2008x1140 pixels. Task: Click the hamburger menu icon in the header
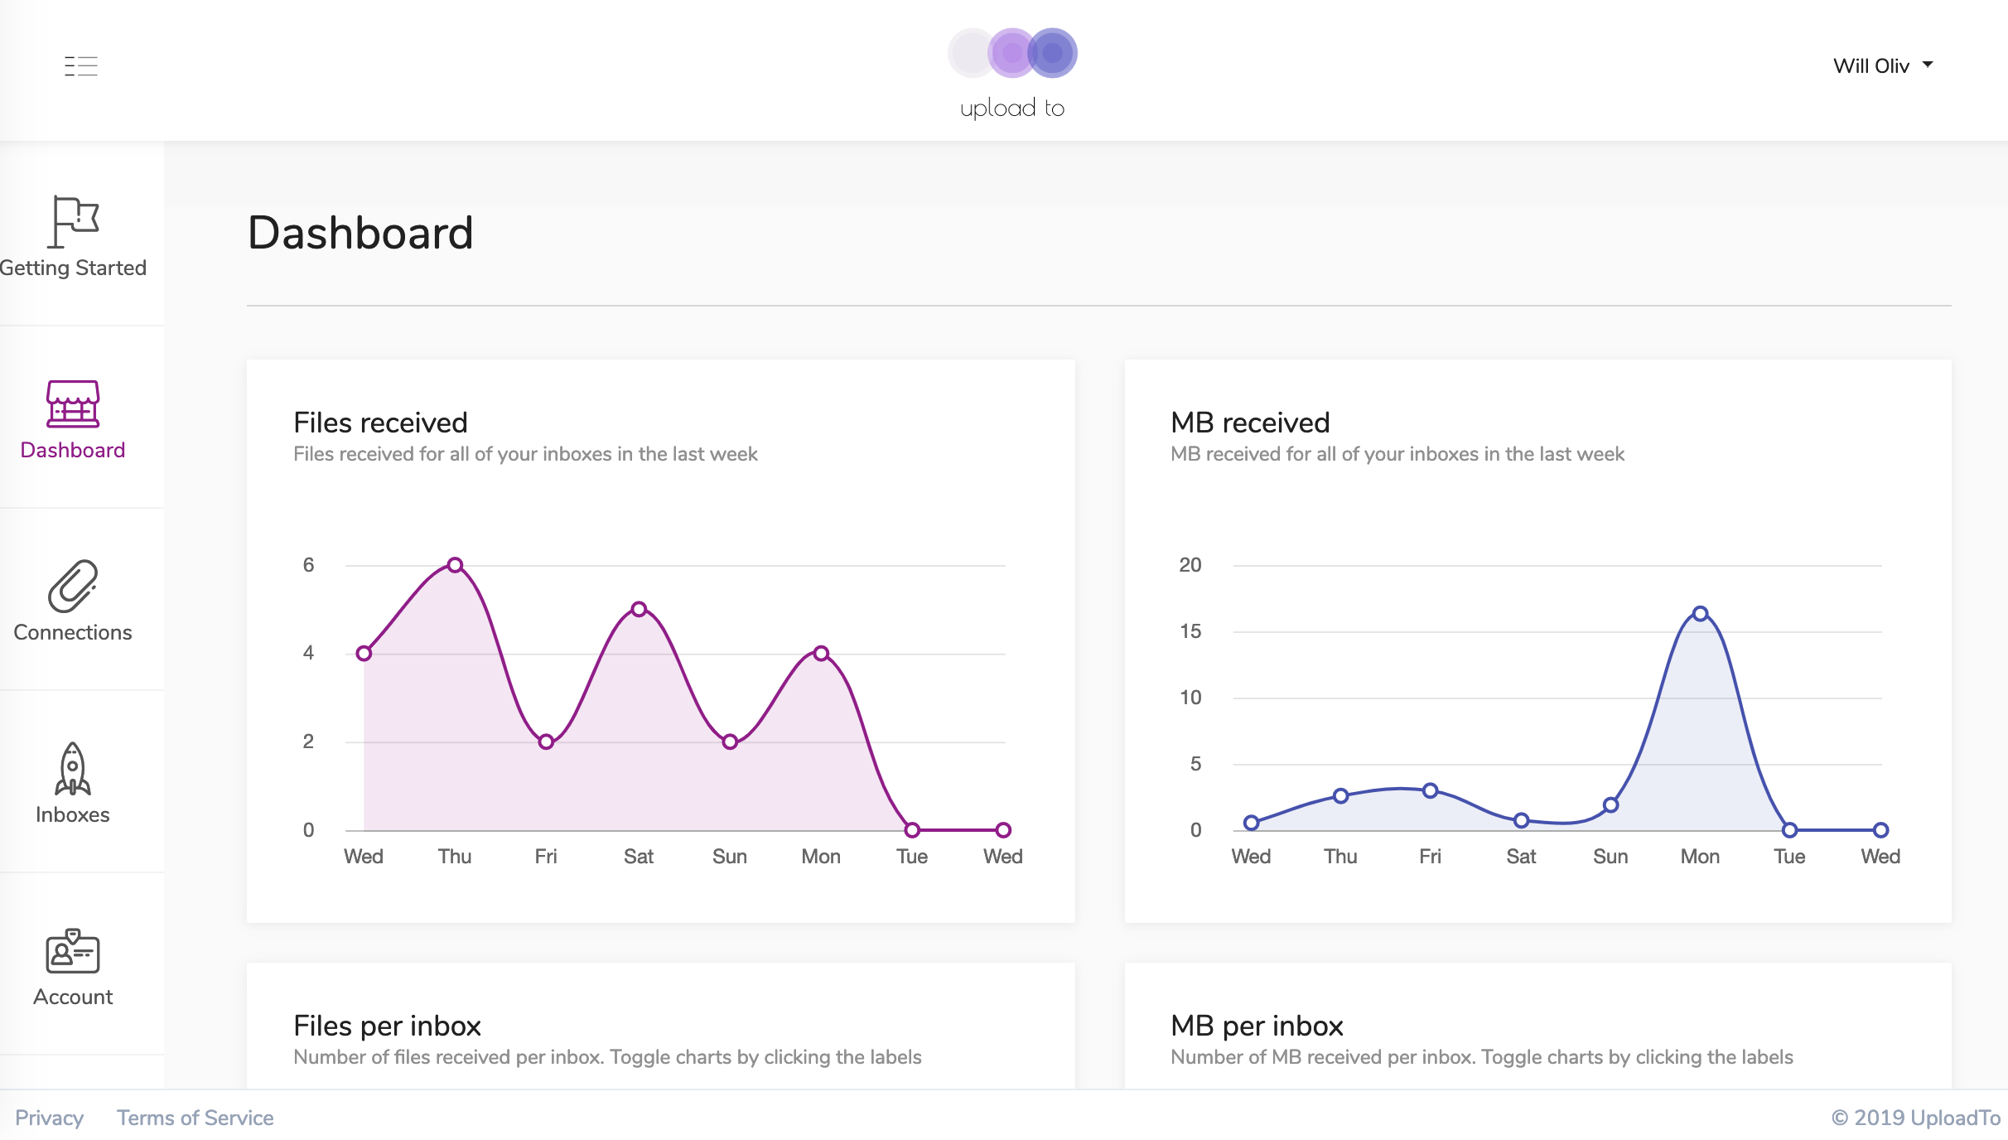(81, 65)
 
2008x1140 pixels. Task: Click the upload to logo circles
(1012, 53)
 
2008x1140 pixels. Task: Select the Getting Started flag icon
(74, 221)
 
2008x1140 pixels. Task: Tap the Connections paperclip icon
(73, 586)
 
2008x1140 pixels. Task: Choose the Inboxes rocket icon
(73, 769)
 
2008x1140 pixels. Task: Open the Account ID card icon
(73, 951)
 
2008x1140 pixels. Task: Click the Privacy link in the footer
(50, 1118)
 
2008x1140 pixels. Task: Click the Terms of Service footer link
(195, 1118)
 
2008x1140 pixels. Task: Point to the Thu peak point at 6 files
(455, 565)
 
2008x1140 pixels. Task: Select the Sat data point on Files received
(639, 609)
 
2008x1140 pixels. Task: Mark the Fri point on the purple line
(546, 741)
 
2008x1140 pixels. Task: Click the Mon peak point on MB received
(1701, 614)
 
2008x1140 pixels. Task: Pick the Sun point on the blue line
(1611, 804)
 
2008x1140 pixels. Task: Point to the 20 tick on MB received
(1190, 565)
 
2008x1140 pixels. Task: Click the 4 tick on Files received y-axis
(308, 653)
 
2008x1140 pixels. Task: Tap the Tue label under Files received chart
(912, 857)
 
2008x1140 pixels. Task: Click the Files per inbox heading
(387, 1026)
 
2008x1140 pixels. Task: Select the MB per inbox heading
(1257, 1026)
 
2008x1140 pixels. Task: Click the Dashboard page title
(360, 232)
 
